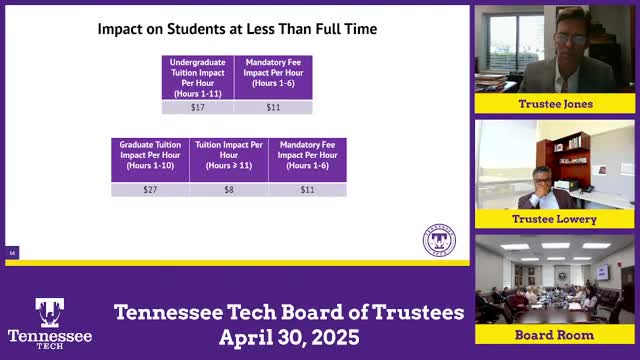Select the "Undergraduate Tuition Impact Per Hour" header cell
tap(197, 77)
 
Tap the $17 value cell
tap(197, 106)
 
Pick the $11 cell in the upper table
tap(273, 106)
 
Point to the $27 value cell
tap(150, 189)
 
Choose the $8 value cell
tap(229, 189)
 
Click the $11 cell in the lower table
tap(308, 189)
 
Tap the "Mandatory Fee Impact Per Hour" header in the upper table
tap(273, 77)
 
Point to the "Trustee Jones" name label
tap(555, 104)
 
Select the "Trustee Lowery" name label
tap(555, 219)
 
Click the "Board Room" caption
tap(555, 334)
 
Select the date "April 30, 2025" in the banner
tap(289, 337)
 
